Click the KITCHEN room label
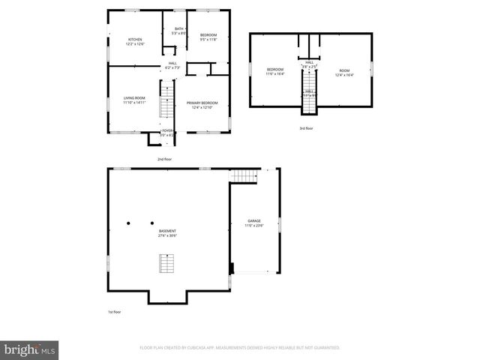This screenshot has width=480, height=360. coord(135,39)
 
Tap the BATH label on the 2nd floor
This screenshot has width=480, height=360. coord(178,29)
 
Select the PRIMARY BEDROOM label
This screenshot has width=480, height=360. coord(202,102)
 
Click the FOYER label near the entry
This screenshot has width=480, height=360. coord(167,130)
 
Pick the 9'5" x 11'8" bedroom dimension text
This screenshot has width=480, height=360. coord(208,40)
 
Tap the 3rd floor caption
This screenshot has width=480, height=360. coord(305,128)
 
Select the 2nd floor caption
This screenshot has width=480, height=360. coord(165,160)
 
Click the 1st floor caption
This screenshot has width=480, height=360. coord(113,311)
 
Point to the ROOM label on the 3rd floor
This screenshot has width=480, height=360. coord(344,70)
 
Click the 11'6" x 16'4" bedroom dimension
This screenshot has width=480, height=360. coord(276,74)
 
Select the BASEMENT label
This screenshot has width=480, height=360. coord(167,231)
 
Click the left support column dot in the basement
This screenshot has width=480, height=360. coord(128,223)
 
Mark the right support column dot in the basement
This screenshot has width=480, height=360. coord(151,223)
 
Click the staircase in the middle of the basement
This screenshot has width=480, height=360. coord(166,264)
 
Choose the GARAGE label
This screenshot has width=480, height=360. coord(255,220)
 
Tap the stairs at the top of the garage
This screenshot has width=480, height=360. coord(243,176)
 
